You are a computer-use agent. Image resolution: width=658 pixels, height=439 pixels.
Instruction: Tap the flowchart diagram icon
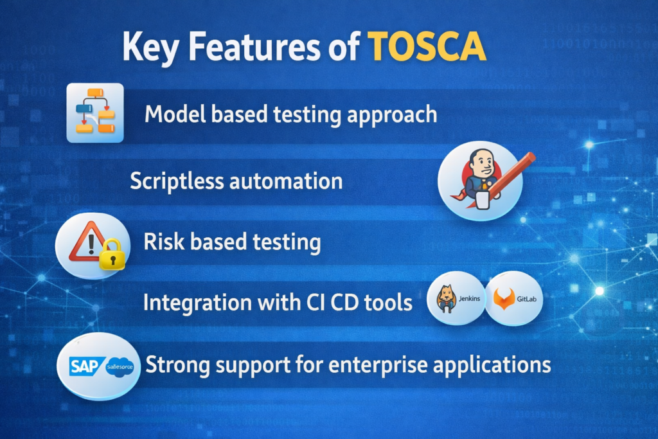[95, 114]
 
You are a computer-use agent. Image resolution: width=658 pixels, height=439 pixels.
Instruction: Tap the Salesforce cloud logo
[118, 366]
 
